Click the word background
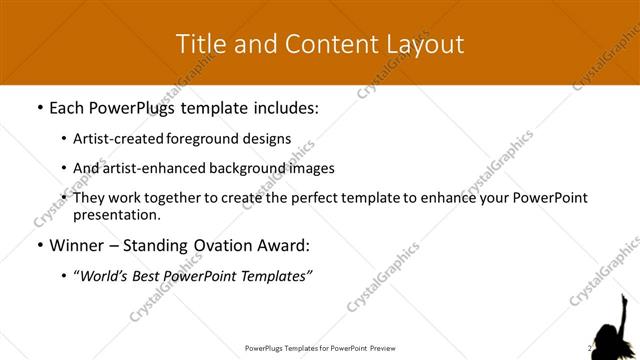tap(243, 168)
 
